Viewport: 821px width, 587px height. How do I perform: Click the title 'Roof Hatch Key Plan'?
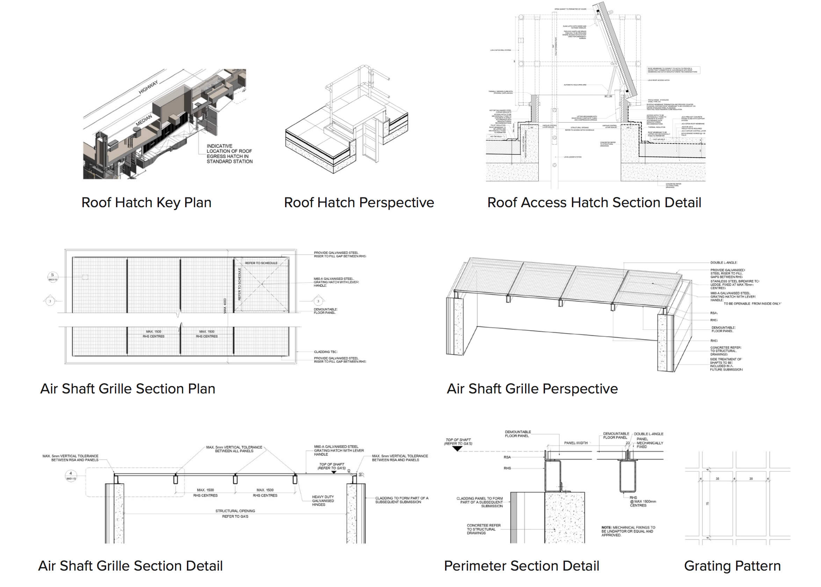click(146, 202)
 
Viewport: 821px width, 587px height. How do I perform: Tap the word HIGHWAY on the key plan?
click(148, 87)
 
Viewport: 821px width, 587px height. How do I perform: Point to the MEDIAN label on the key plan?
click(144, 120)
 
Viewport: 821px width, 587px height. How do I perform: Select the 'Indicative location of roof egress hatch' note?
click(229, 154)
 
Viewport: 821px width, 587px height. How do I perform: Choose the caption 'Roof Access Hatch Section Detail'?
click(594, 202)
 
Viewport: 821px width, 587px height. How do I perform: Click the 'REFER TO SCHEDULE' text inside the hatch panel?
click(261, 263)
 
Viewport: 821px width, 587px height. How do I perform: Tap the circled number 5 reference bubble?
click(53, 275)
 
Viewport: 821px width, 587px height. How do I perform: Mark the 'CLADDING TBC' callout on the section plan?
click(325, 352)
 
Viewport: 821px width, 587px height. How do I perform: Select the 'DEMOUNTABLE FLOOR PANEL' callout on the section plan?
click(325, 311)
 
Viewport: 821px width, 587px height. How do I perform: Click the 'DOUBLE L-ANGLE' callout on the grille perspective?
click(724, 262)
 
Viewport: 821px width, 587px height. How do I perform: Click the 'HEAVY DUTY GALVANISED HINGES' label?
click(323, 501)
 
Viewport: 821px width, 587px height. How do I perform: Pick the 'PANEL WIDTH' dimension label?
click(576, 443)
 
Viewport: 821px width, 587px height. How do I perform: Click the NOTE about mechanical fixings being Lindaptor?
click(628, 531)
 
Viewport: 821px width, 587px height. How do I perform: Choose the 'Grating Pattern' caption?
click(732, 566)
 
